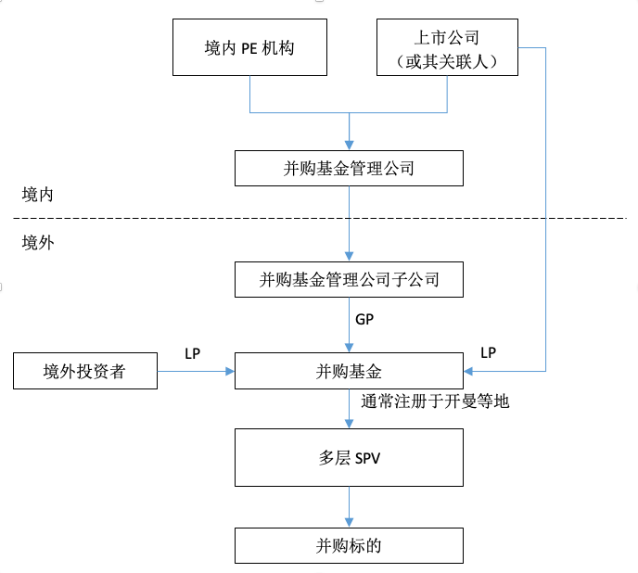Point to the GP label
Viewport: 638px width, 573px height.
click(364, 320)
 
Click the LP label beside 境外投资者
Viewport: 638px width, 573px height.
click(193, 353)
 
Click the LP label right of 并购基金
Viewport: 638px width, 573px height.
click(489, 353)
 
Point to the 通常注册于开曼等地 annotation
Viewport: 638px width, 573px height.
click(435, 401)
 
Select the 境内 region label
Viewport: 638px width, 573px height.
click(37, 195)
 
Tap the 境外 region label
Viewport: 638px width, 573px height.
click(38, 243)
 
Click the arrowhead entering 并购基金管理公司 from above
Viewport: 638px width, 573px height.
click(349, 146)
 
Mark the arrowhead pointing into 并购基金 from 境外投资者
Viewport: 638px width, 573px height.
click(230, 371)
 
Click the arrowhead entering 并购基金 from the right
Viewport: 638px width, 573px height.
click(468, 371)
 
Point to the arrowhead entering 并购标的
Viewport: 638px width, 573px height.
click(349, 523)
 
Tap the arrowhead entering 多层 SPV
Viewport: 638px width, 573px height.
click(349, 424)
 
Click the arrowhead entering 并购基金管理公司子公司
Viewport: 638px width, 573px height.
click(349, 257)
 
